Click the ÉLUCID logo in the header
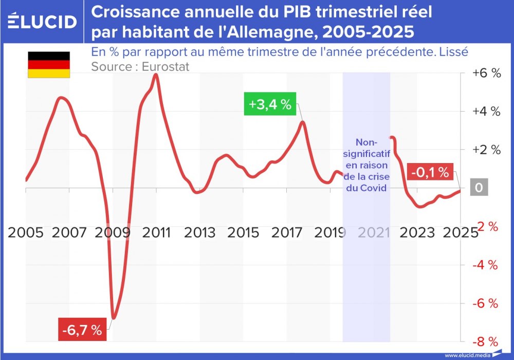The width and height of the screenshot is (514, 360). pyautogui.click(x=43, y=22)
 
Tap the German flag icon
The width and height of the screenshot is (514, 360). pyautogui.click(x=49, y=65)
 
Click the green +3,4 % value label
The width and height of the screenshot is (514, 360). pyautogui.click(x=269, y=105)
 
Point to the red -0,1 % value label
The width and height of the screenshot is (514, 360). pyautogui.click(x=431, y=172)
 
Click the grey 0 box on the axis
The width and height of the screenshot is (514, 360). pyautogui.click(x=479, y=188)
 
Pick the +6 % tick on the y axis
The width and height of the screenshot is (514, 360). pyautogui.click(x=486, y=73)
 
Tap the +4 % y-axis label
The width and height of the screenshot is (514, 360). pyautogui.click(x=486, y=112)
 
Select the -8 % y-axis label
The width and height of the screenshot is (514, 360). pyautogui.click(x=486, y=341)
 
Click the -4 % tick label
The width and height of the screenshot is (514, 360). pyautogui.click(x=486, y=265)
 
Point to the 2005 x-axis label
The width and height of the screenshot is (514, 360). pyautogui.click(x=26, y=232)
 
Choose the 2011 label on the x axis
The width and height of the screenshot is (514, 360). pyautogui.click(x=157, y=232)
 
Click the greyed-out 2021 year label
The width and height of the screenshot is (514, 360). pyautogui.click(x=374, y=232)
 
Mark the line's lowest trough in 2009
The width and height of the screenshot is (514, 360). pyautogui.click(x=114, y=318)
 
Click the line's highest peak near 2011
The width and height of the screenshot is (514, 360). pyautogui.click(x=156, y=75)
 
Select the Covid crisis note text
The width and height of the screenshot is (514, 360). pyautogui.click(x=366, y=165)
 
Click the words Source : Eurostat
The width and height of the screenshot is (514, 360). pyautogui.click(x=140, y=66)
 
